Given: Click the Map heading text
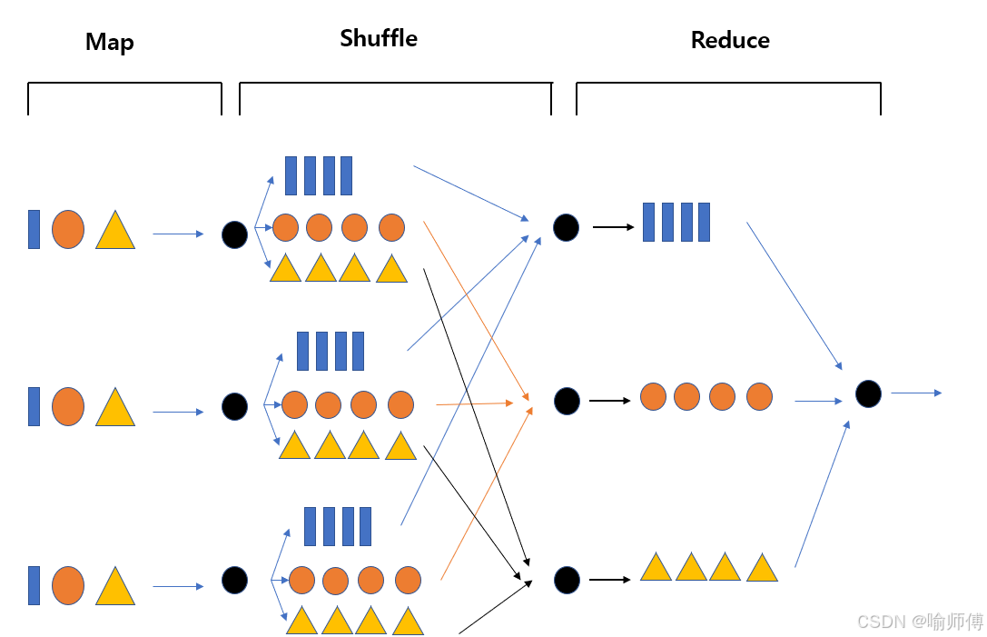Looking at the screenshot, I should click(x=110, y=42).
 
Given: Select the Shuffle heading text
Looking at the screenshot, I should click(x=379, y=38).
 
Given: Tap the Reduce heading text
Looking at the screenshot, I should click(x=730, y=40).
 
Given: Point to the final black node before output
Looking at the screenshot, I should click(x=868, y=393).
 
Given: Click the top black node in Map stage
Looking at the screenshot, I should click(x=234, y=234).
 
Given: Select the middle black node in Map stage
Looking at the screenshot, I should click(x=234, y=406).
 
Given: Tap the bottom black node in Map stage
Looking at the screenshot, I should click(x=234, y=580).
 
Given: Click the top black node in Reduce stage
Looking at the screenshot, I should click(x=566, y=227).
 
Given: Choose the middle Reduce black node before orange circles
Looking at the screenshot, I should click(x=567, y=401).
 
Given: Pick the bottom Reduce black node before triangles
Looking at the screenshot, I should click(x=567, y=580).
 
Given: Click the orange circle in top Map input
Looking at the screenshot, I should click(x=68, y=229).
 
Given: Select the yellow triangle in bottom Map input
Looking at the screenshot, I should click(x=115, y=587).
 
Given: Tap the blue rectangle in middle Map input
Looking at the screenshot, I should click(x=34, y=406).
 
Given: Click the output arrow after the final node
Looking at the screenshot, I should click(x=915, y=393).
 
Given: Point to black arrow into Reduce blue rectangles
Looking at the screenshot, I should click(x=613, y=227).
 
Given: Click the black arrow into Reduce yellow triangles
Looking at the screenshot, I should click(x=610, y=580).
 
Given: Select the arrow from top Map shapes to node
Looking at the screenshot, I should click(x=178, y=234).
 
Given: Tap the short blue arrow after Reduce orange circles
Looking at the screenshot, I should click(x=818, y=401).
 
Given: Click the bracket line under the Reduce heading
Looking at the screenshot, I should click(x=728, y=84).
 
